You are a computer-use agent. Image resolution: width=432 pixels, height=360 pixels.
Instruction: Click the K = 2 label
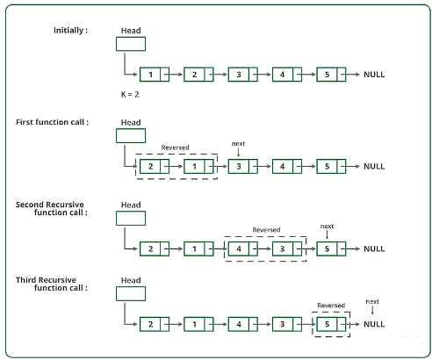[x=130, y=94]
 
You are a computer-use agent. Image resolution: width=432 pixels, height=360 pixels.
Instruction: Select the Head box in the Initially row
[x=131, y=44]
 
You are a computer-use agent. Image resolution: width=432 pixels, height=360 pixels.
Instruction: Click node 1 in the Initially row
[x=155, y=75]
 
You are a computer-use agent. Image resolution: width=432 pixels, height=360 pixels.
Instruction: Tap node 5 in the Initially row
[x=331, y=75]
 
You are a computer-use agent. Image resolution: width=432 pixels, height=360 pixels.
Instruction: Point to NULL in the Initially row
[x=374, y=75]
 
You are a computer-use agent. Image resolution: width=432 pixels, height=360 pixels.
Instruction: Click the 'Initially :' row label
[x=70, y=31]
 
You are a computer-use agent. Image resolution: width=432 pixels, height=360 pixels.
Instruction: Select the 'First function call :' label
[x=52, y=122]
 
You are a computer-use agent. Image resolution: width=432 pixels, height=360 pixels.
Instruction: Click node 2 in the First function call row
[x=155, y=166]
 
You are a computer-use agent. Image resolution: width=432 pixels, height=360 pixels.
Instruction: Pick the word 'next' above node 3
[x=238, y=144]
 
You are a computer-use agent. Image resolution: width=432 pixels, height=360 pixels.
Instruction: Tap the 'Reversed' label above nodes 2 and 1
[x=175, y=148]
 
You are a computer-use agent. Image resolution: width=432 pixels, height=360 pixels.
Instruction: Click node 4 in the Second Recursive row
[x=243, y=248]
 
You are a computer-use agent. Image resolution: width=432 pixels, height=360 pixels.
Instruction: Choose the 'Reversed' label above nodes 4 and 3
[x=266, y=230]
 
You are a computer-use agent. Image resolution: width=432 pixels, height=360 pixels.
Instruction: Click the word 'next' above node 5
[x=327, y=227]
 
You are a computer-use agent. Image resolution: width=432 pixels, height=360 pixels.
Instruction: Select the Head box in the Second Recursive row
[x=131, y=219]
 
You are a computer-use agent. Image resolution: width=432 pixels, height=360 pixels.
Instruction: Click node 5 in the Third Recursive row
[x=331, y=324]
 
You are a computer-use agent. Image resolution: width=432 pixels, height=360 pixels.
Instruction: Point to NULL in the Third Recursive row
[x=374, y=324]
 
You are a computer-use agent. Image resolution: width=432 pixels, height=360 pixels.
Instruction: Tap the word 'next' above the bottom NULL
[x=372, y=301]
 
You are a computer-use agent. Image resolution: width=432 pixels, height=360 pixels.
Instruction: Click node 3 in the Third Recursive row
[x=287, y=324]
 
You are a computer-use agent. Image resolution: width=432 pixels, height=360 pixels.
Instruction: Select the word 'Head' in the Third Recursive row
[x=131, y=280]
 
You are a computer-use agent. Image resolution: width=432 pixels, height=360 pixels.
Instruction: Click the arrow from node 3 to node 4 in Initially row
[x=262, y=75]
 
